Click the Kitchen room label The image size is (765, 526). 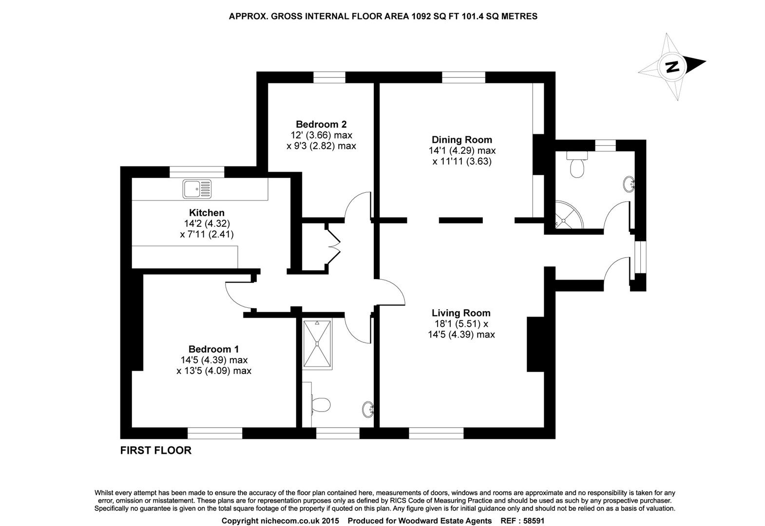tap(207, 213)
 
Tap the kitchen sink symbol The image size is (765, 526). tap(197, 189)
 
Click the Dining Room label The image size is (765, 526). tap(462, 140)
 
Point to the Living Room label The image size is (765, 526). tap(461, 313)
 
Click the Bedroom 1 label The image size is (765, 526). tap(213, 349)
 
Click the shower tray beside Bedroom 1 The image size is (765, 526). tap(318, 344)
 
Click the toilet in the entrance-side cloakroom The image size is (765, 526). tap(577, 167)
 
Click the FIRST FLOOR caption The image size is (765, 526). tap(156, 451)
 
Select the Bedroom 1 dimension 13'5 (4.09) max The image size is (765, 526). tap(214, 371)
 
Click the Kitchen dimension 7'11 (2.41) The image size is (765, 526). tap(207, 234)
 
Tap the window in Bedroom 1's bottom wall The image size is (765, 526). tap(215, 433)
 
